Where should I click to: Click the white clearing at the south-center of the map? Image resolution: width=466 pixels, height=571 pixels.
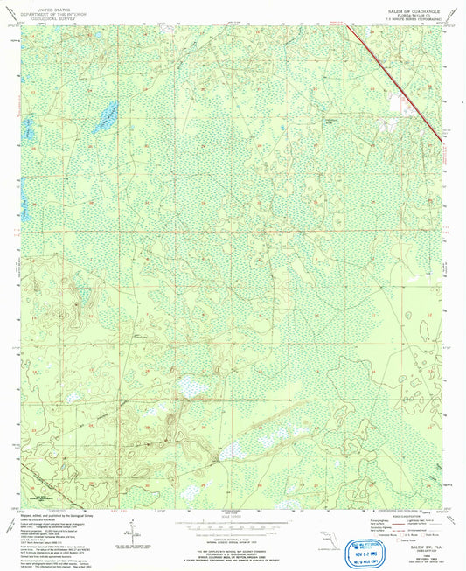(x=231, y=451)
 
